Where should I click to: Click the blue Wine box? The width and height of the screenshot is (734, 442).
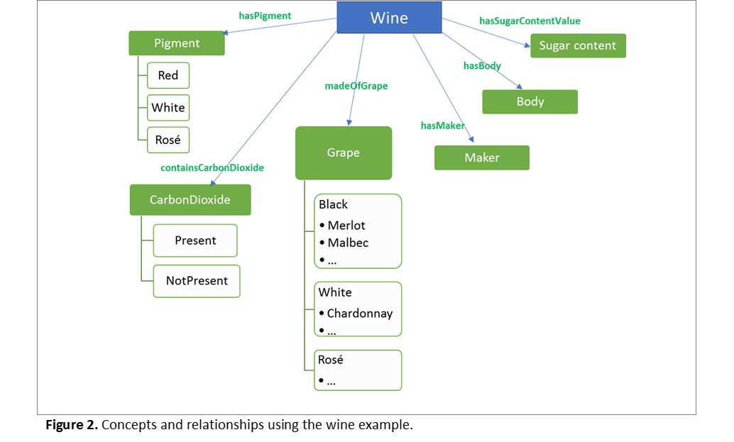click(x=389, y=18)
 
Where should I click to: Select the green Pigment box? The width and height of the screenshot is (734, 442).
click(x=177, y=43)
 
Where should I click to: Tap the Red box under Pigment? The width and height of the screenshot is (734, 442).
click(x=168, y=76)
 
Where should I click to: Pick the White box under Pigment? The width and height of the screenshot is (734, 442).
click(x=168, y=108)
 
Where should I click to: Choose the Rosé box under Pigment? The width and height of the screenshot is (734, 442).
click(x=168, y=140)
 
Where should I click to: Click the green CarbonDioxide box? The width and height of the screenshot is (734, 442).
click(x=190, y=200)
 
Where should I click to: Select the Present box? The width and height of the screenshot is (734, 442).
click(x=195, y=241)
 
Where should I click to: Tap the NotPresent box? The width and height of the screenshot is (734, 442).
click(x=197, y=281)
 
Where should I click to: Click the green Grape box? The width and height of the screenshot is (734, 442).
click(x=344, y=153)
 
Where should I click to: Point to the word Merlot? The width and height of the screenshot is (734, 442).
click(x=346, y=226)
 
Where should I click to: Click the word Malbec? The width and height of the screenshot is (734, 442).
click(x=348, y=243)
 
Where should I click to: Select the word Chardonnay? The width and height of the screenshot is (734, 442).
click(x=359, y=314)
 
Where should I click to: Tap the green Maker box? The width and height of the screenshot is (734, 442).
click(x=482, y=158)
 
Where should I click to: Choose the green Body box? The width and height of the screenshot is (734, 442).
click(x=530, y=101)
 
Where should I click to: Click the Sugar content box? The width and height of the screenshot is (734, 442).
click(x=579, y=46)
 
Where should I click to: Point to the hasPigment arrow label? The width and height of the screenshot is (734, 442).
click(x=265, y=16)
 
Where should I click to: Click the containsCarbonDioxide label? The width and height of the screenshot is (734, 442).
click(x=212, y=168)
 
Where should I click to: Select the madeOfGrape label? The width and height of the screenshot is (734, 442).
click(x=356, y=86)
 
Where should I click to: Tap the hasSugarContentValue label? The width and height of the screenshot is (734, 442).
click(x=530, y=21)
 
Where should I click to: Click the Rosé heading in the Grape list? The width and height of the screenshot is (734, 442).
click(x=331, y=360)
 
